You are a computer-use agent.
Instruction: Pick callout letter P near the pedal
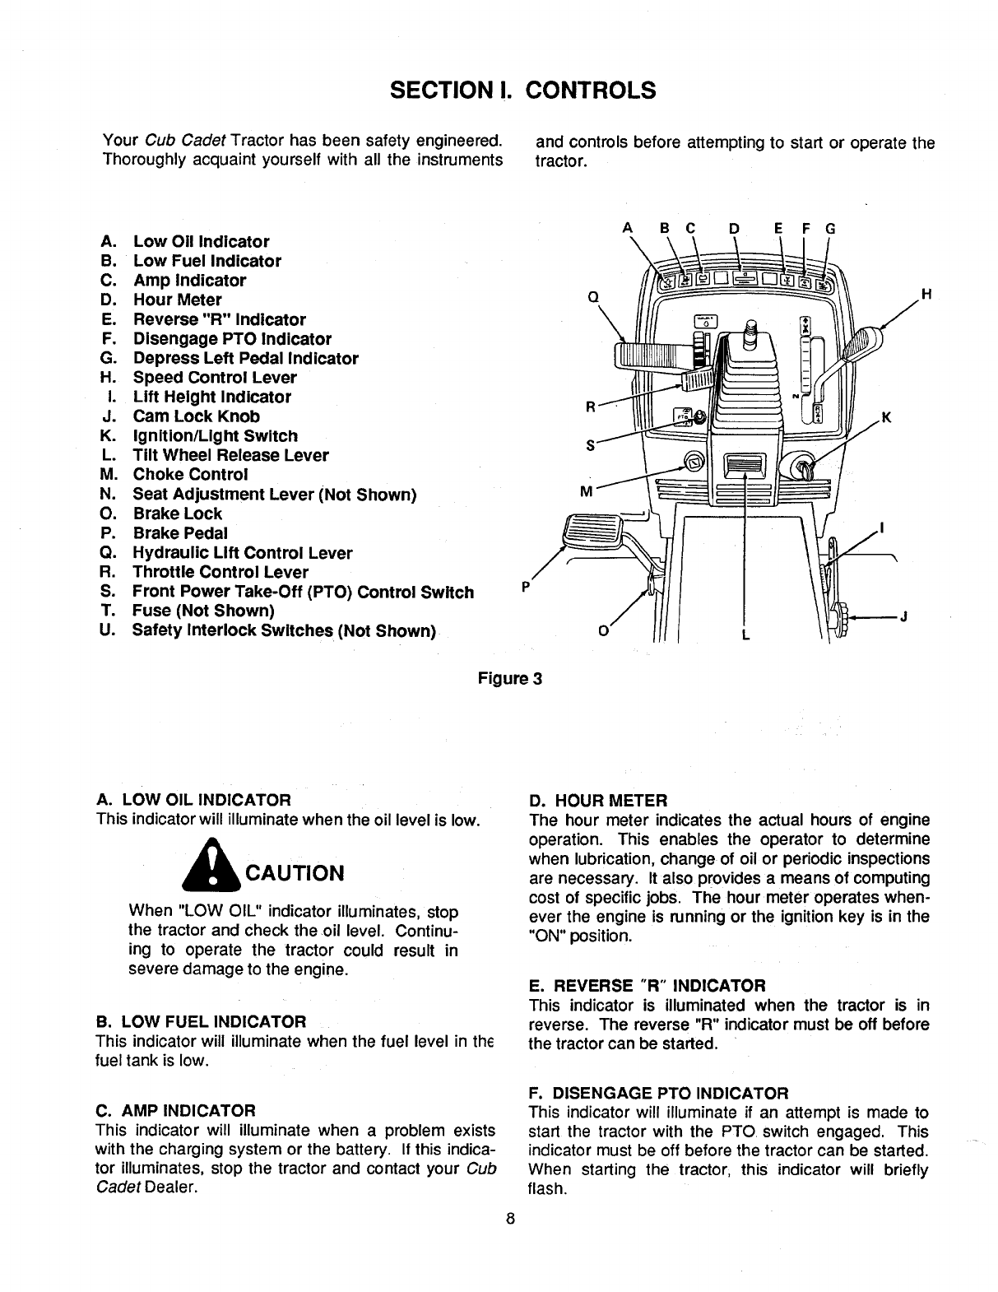[x=526, y=587]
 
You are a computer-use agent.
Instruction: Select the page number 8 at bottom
[x=510, y=1220]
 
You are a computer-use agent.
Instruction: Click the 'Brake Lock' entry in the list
[x=177, y=514]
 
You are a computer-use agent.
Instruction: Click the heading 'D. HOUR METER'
[x=598, y=800]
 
